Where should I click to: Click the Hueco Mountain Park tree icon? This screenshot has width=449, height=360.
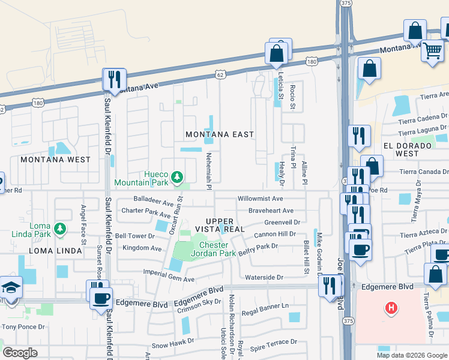(x=176, y=176)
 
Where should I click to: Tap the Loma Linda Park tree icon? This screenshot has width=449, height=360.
(x=59, y=228)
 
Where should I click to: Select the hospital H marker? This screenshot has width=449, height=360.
(x=391, y=309)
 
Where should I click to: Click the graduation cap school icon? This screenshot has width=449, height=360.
(x=10, y=287)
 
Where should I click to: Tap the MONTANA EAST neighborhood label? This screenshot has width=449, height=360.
(x=220, y=134)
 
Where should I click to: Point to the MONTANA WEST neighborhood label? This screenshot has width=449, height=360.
(x=55, y=160)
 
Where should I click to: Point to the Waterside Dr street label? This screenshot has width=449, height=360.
(x=264, y=277)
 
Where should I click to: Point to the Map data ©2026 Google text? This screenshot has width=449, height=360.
(x=411, y=355)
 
